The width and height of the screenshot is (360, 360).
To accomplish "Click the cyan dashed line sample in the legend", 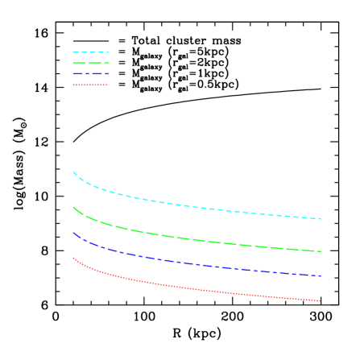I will pyautogui.click(x=90, y=52).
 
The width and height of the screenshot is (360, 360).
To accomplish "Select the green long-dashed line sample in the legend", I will pyautogui.click(x=90, y=63).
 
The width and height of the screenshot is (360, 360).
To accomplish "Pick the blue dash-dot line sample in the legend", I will pyautogui.click(x=90, y=74).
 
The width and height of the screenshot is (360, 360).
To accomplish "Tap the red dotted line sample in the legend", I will pyautogui.click(x=90, y=85).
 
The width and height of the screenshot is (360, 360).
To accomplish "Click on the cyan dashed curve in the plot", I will pyautogui.click(x=193, y=205).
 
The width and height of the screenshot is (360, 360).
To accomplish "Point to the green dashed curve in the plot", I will pyautogui.click(x=193, y=239).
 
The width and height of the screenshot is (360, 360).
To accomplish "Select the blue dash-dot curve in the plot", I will pyautogui.click(x=193, y=263).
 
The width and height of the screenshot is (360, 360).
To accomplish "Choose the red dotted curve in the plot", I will pyautogui.click(x=193, y=289).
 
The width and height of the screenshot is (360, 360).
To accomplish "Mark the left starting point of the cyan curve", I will pyautogui.click(x=73, y=172).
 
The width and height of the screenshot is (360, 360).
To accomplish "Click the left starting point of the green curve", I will pyautogui.click(x=73, y=207).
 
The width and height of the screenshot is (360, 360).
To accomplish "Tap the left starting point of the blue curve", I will pyautogui.click(x=73, y=233).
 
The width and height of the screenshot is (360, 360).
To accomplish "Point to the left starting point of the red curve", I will pyautogui.click(x=73, y=258).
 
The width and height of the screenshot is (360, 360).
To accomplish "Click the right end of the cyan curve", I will pyautogui.click(x=321, y=219).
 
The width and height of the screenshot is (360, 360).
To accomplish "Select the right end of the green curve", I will pyautogui.click(x=321, y=252).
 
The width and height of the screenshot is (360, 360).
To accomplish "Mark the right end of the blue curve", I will pyautogui.click(x=321, y=276).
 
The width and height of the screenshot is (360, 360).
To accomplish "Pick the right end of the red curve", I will pyautogui.click(x=321, y=301).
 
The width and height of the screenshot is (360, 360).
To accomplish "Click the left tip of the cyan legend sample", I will pyautogui.click(x=72, y=52).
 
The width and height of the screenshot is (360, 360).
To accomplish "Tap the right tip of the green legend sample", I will pyautogui.click(x=109, y=63).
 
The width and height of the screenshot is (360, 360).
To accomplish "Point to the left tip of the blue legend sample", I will pyautogui.click(x=72, y=74).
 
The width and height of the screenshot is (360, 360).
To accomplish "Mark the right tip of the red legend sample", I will pyautogui.click(x=109, y=85).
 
